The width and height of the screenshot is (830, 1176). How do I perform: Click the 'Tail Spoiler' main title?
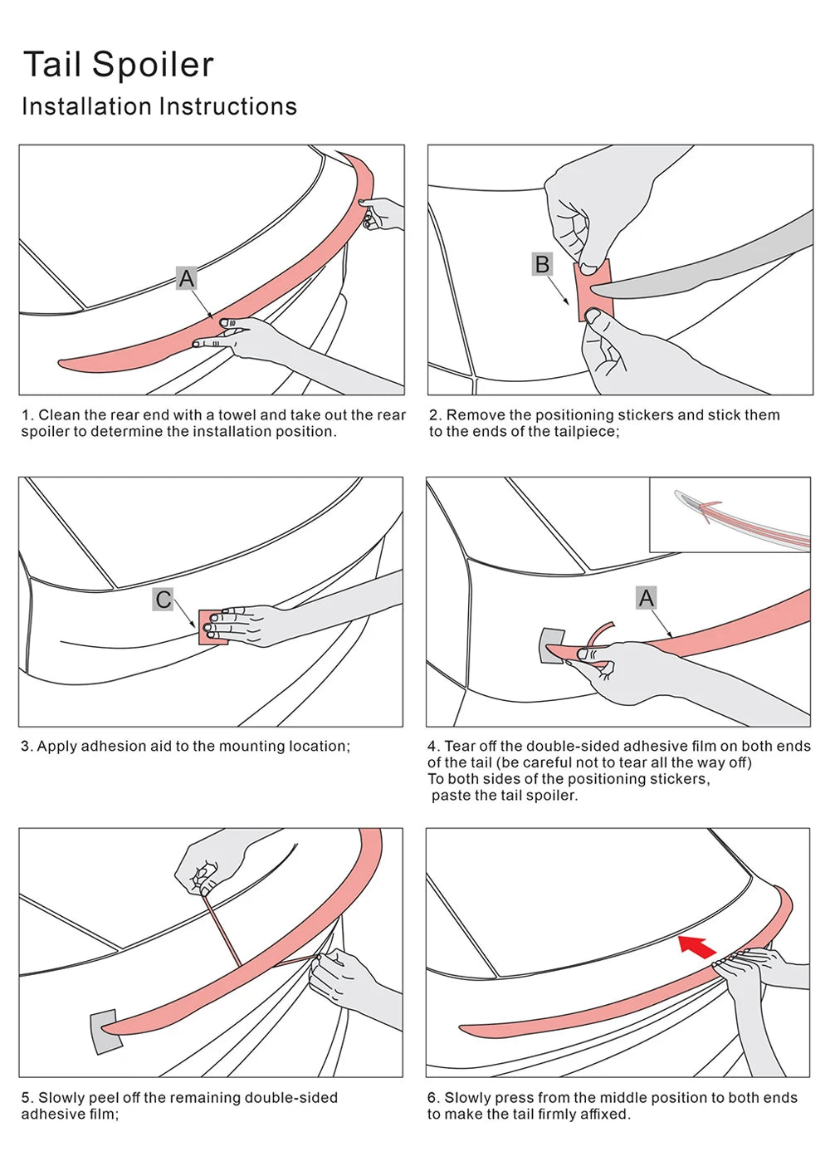point(119,65)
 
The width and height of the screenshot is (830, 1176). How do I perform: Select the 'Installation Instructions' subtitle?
point(159,107)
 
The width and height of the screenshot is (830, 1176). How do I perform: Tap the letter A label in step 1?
point(187,278)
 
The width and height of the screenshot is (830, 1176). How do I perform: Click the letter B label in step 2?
point(542,264)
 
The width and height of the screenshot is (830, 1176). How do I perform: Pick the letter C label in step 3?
point(164,600)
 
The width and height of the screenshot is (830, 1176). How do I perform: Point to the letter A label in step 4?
point(647,598)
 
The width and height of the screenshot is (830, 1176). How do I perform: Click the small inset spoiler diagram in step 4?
point(730,515)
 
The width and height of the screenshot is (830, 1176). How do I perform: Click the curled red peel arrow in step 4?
point(599,633)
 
